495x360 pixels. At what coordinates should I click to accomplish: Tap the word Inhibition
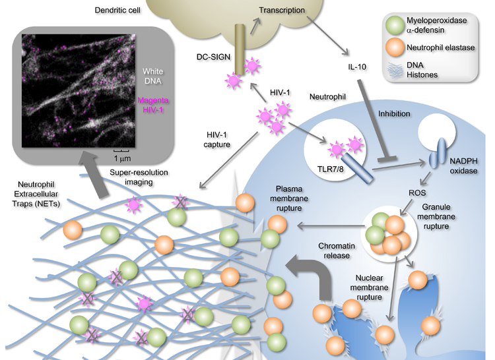(x=394, y=113)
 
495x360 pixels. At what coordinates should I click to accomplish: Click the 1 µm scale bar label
(x=120, y=159)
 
